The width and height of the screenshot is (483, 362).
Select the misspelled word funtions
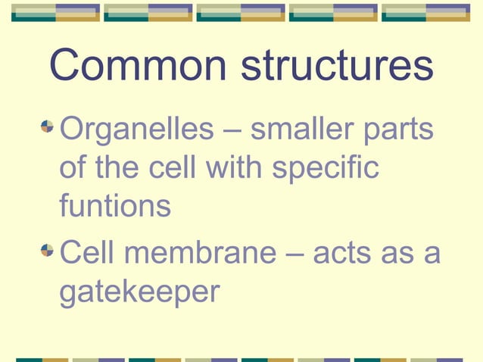click(115, 205)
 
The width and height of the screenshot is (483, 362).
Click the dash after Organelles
click(230, 131)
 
